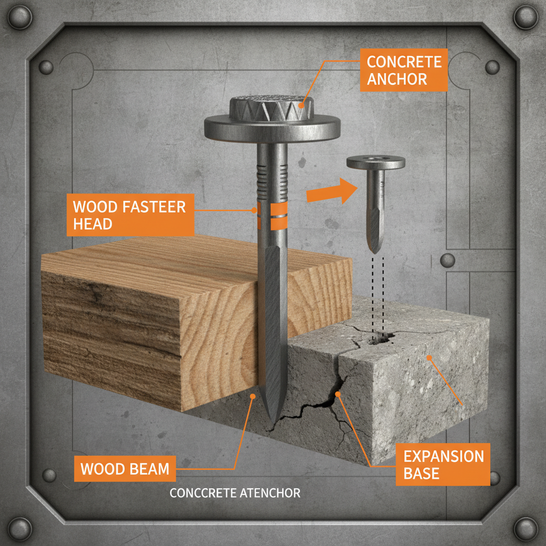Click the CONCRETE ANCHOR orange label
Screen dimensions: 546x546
(x=404, y=70)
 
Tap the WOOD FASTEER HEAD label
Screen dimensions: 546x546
(x=130, y=214)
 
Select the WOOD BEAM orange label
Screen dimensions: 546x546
(x=125, y=469)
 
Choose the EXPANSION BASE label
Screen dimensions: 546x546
(x=443, y=464)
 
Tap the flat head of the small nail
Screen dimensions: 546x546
(x=375, y=162)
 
